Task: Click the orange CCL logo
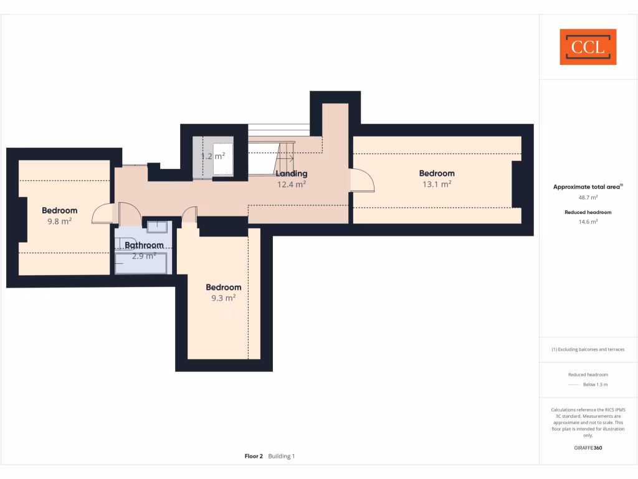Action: [588, 47]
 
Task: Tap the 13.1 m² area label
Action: [436, 184]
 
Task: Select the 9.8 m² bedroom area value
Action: [59, 221]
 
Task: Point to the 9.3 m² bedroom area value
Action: [223, 298]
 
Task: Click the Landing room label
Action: [291, 173]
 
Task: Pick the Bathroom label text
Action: [143, 245]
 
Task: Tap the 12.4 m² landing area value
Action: [291, 184]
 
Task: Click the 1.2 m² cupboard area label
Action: [213, 156]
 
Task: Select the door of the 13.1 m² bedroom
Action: [363, 181]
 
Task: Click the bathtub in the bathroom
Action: [141, 263]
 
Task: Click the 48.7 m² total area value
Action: [588, 197]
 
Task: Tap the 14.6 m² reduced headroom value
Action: [588, 221]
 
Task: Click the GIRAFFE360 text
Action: [588, 448]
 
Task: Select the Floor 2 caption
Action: [254, 457]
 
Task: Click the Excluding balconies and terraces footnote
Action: [588, 349]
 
